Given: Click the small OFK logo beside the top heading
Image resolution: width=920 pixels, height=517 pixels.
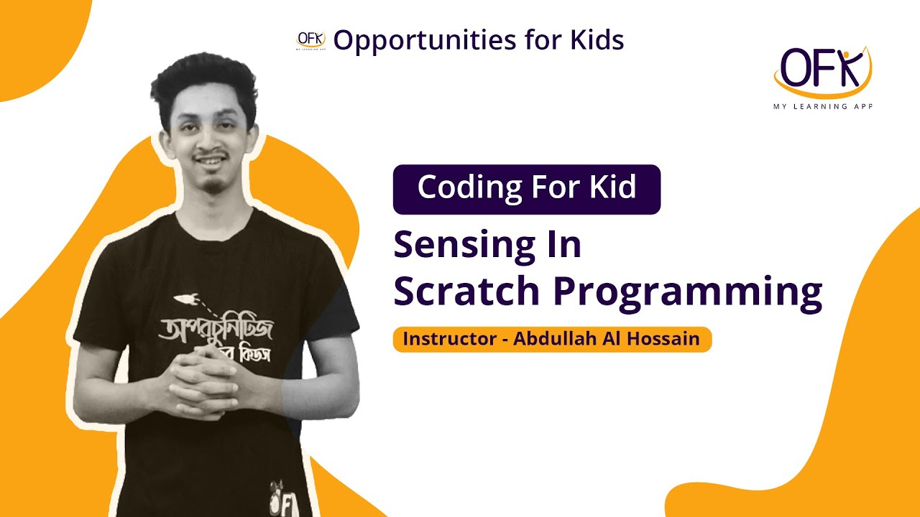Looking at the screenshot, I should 310,40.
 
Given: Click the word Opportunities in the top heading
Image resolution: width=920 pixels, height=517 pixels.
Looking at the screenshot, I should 415,41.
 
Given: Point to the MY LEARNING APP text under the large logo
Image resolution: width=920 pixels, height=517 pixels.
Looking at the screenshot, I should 822,105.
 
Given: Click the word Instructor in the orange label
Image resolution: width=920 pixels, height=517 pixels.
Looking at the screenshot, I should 449,339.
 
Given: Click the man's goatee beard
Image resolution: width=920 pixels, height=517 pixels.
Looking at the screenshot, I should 213,185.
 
